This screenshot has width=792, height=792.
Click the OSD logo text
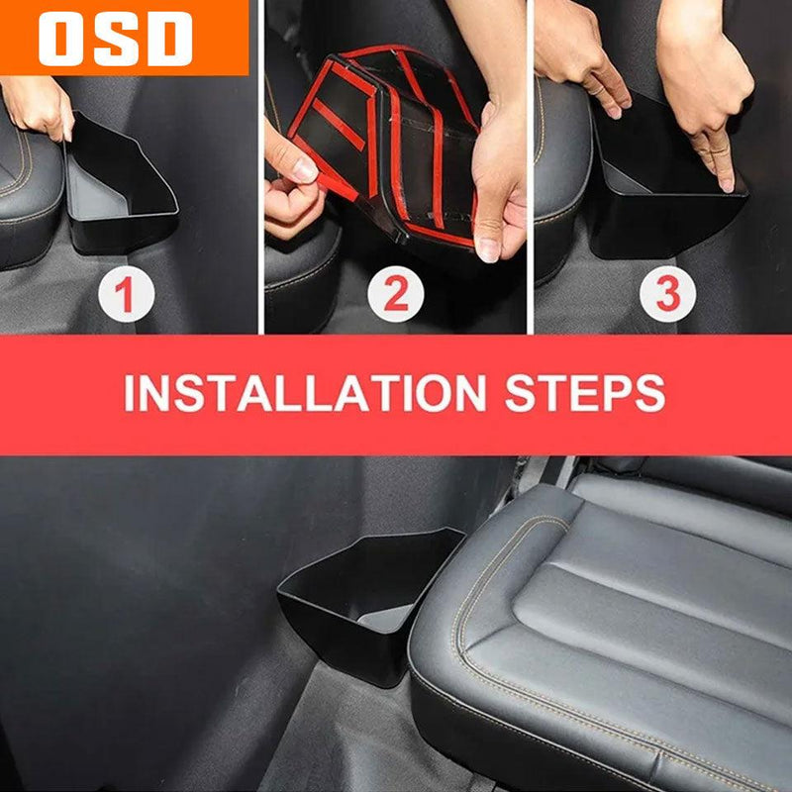[115, 39]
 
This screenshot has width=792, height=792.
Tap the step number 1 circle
[127, 294]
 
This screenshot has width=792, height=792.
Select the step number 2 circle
[396, 294]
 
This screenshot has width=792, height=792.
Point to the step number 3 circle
[667, 294]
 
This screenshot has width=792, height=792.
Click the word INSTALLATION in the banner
[305, 393]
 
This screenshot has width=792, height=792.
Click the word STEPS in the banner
[585, 393]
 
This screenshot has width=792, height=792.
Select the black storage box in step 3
[666, 182]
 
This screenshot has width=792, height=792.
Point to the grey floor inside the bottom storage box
[385, 619]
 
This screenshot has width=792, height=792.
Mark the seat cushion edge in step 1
[31, 202]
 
